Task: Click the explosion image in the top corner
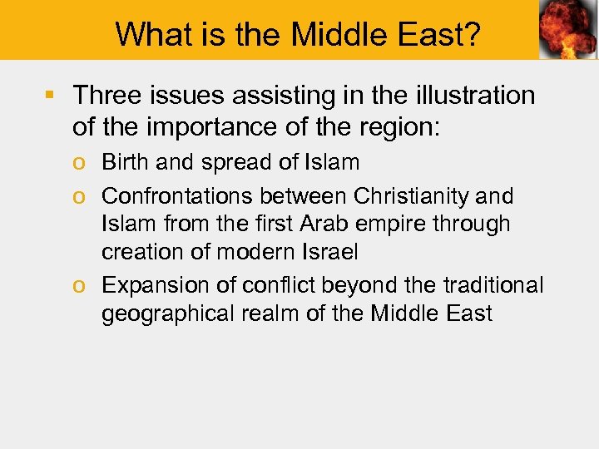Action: [x=567, y=30]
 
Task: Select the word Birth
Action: [x=126, y=162]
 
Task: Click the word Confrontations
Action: [x=178, y=196]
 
